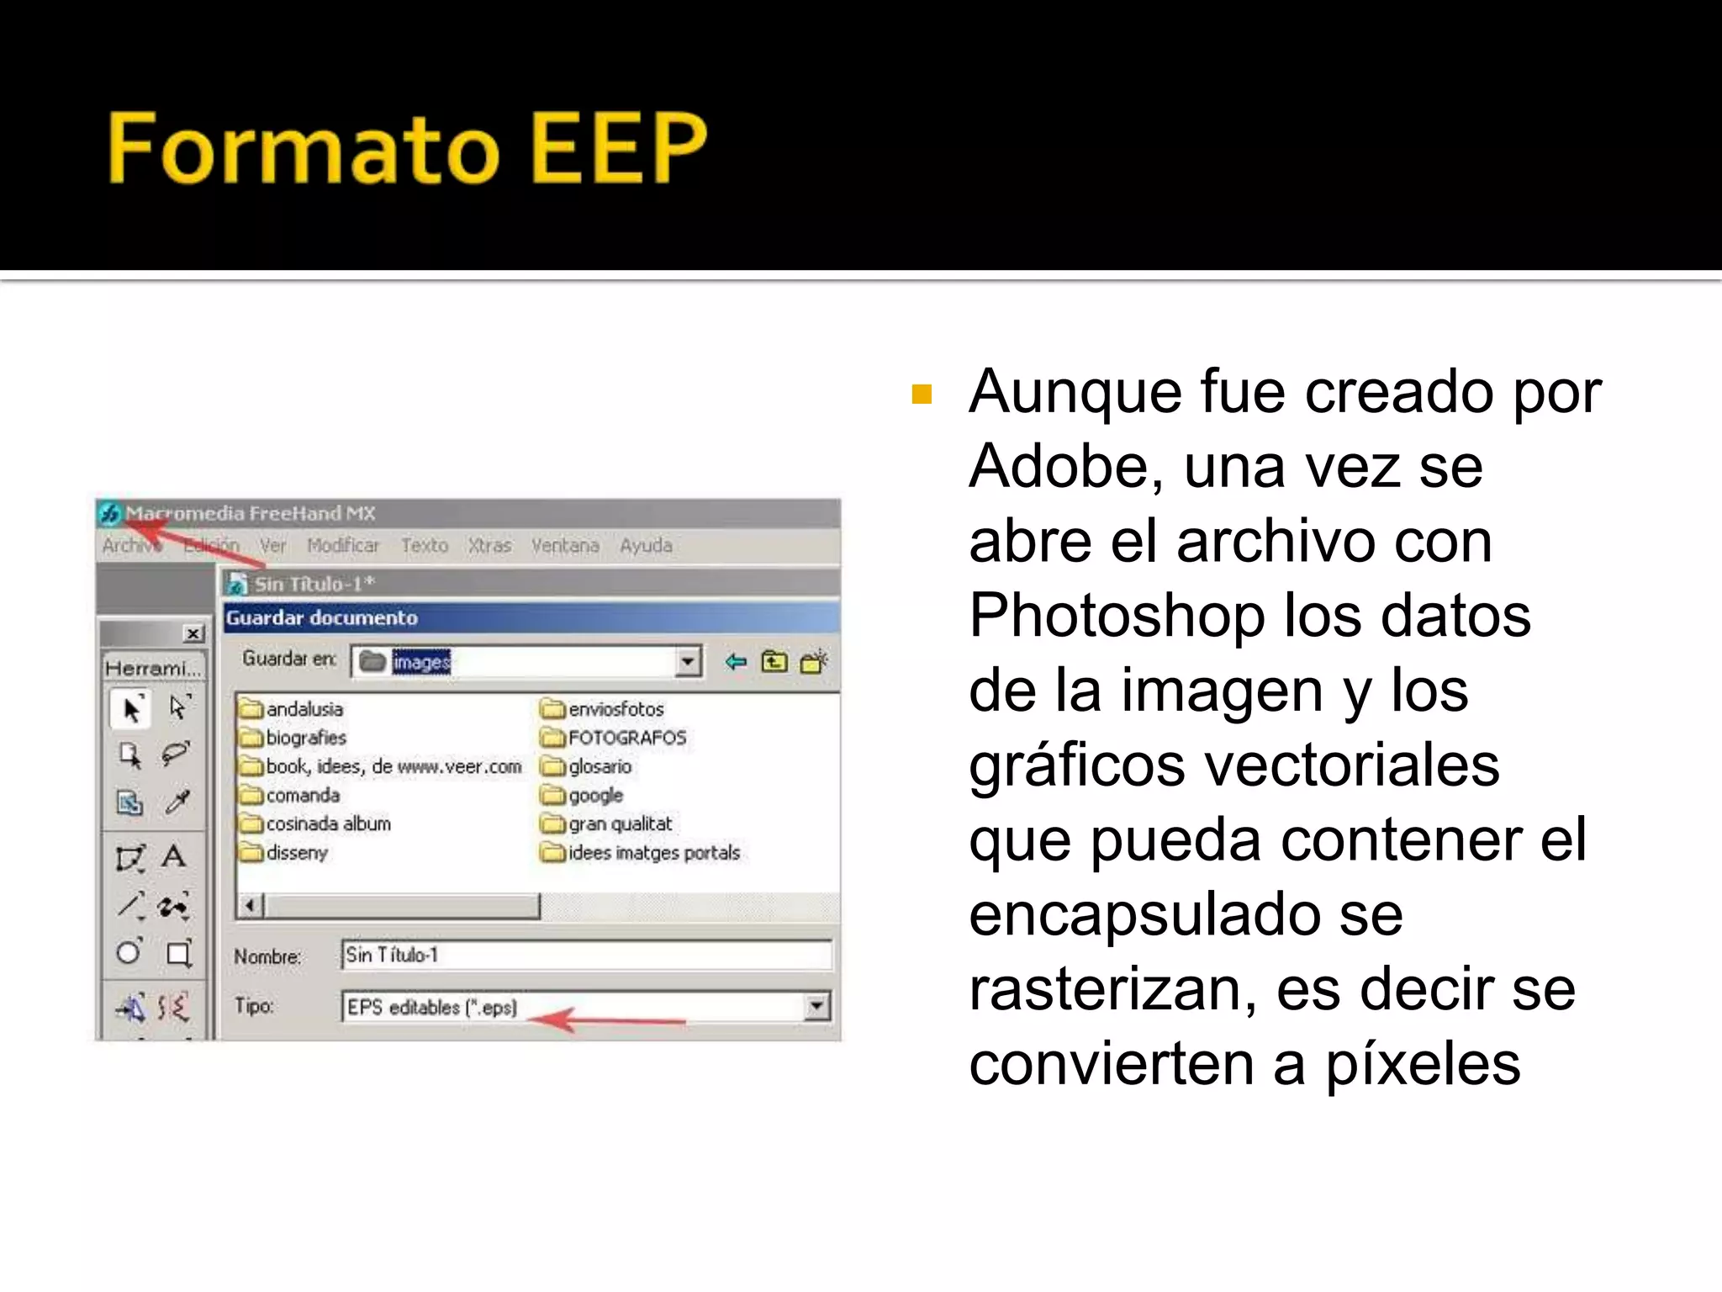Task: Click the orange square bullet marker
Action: [x=922, y=394]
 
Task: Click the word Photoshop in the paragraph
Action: [x=1116, y=616]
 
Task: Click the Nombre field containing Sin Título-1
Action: [x=585, y=955]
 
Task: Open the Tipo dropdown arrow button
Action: [x=816, y=1006]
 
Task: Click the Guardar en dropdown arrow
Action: [x=688, y=662]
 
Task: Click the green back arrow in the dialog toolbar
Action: [x=736, y=662]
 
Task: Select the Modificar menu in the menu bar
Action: [x=343, y=546]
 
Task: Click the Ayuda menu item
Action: [x=646, y=546]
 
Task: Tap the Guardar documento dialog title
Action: [x=321, y=618]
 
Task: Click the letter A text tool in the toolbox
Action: [x=173, y=857]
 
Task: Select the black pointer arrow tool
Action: [x=131, y=710]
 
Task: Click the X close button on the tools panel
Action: [x=193, y=633]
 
